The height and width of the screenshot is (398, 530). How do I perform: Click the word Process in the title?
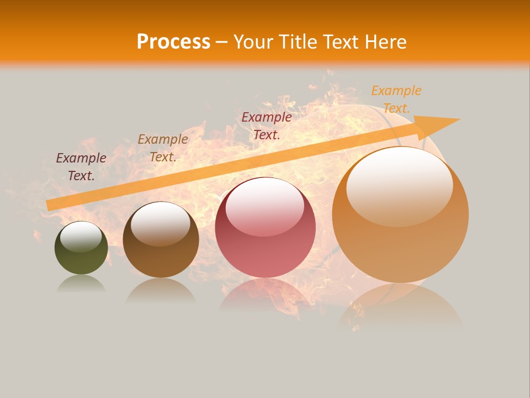tap(173, 41)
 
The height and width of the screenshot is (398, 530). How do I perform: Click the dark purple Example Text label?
tap(81, 167)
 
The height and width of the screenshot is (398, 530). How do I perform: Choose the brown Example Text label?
tap(163, 148)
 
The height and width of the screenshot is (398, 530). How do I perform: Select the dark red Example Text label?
tap(267, 125)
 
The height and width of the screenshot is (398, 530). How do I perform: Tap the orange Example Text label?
tap(396, 99)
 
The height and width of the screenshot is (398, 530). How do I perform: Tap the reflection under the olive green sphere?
tap(81, 284)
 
